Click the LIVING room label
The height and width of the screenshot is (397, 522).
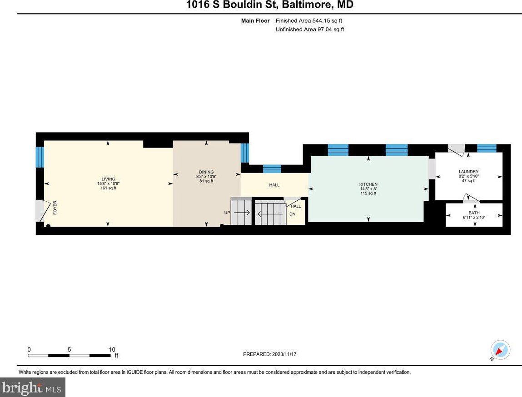(108, 179)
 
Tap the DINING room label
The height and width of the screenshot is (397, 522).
(206, 172)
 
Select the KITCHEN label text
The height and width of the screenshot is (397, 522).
(368, 184)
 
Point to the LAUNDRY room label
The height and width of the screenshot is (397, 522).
(468, 172)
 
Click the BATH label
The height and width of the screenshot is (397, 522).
(474, 213)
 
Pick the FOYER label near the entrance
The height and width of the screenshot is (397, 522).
(55, 207)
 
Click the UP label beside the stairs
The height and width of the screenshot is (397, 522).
(227, 213)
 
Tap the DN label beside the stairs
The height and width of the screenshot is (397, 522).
(292, 214)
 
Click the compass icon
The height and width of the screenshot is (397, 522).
(500, 350)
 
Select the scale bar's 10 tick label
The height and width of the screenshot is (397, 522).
(112, 349)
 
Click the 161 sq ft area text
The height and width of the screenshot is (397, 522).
(108, 188)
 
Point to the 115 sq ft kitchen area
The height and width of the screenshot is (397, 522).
(368, 194)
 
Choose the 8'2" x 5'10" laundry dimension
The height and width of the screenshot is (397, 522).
(468, 176)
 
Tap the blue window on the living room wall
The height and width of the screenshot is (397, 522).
(40, 157)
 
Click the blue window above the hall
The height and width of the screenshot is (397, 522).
(272, 169)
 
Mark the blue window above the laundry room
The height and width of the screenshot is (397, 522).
(487, 148)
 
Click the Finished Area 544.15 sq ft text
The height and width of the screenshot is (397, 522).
(309, 20)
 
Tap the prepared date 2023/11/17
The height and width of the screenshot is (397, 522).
(284, 354)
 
